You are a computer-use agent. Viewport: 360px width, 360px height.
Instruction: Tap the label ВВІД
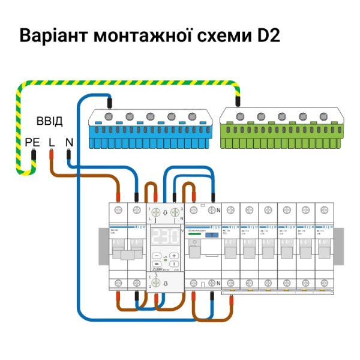49,122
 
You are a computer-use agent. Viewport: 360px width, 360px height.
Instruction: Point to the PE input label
32,142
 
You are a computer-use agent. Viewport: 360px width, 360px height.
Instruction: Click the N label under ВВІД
69,142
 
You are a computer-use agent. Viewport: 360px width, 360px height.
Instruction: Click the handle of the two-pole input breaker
128,253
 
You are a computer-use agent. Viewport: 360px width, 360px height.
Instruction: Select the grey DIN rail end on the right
338,246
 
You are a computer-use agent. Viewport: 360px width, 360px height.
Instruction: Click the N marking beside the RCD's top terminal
219,211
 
